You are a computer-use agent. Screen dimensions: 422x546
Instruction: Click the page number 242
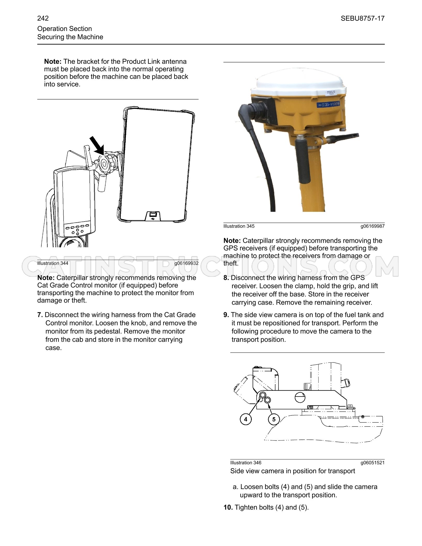point(43,18)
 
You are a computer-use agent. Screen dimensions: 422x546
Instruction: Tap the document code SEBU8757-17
point(363,18)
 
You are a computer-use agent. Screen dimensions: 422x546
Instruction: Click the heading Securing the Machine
point(70,37)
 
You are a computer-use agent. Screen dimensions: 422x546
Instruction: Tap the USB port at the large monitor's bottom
point(153,215)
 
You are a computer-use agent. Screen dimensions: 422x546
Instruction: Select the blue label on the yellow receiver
point(329,105)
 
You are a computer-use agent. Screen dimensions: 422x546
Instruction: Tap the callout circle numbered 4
point(246,419)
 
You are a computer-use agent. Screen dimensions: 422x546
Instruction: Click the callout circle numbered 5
point(274,419)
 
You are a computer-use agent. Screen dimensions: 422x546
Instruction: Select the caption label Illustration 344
point(53,263)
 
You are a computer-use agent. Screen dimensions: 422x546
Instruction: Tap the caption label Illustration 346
point(246,462)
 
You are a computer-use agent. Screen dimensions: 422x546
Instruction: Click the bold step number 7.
point(40,315)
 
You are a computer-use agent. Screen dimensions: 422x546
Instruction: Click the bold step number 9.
point(226,315)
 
